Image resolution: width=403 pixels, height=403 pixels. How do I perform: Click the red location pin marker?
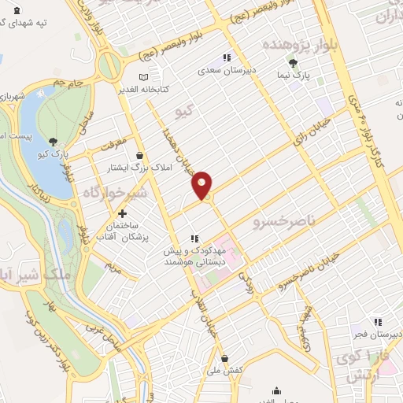(x=202, y=185)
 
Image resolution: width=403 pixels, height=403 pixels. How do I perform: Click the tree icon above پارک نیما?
(x=294, y=63)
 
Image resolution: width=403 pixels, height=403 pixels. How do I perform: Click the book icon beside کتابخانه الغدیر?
(x=142, y=77)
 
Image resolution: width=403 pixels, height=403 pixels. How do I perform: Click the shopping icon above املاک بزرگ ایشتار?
(x=139, y=155)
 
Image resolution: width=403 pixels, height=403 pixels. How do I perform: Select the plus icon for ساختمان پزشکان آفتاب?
(x=122, y=213)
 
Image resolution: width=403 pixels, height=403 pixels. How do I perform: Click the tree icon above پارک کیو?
(x=52, y=140)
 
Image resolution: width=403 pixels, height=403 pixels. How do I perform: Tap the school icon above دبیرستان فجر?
(x=378, y=321)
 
